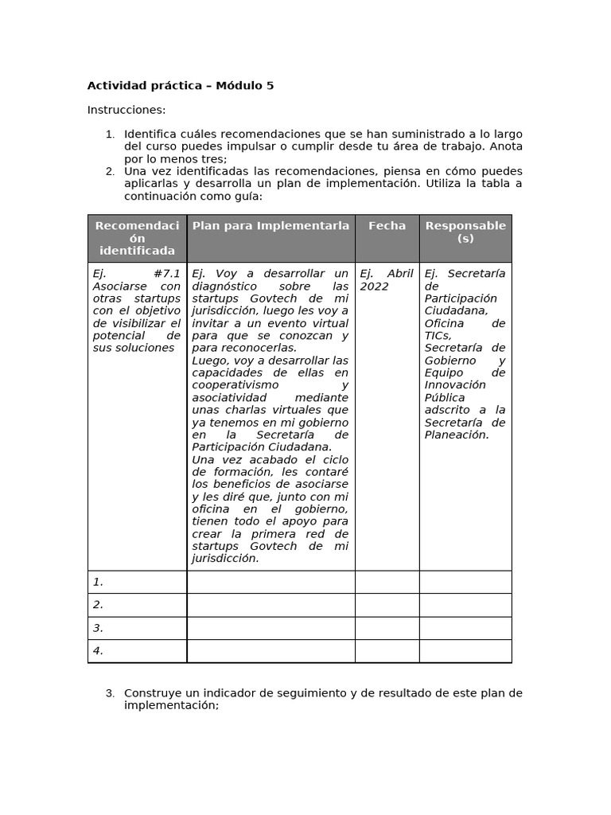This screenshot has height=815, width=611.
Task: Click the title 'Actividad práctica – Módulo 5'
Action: (181, 86)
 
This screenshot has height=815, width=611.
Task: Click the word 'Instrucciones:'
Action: (126, 110)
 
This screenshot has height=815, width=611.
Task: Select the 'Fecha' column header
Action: (387, 226)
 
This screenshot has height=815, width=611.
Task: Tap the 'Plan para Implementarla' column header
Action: (270, 226)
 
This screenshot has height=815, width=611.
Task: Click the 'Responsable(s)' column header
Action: (465, 232)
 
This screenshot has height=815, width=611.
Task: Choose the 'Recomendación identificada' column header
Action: (137, 238)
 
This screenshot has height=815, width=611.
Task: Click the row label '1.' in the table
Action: (99, 582)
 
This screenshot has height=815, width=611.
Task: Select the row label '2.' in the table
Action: (99, 605)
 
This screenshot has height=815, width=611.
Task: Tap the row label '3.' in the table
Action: (99, 628)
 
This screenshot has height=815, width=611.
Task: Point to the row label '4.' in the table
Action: (99, 651)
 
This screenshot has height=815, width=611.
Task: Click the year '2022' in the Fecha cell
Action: (374, 287)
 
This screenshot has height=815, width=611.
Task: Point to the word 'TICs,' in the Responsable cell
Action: (438, 336)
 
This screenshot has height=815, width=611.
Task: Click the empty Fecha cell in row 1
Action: (387, 582)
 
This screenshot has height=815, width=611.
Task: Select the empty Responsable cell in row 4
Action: (465, 651)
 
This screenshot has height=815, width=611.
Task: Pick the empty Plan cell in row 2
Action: (270, 605)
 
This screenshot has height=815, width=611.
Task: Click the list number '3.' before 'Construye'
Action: (111, 693)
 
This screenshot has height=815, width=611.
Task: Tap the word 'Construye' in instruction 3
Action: (151, 693)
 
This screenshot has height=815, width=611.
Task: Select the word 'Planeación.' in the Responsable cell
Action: (457, 435)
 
